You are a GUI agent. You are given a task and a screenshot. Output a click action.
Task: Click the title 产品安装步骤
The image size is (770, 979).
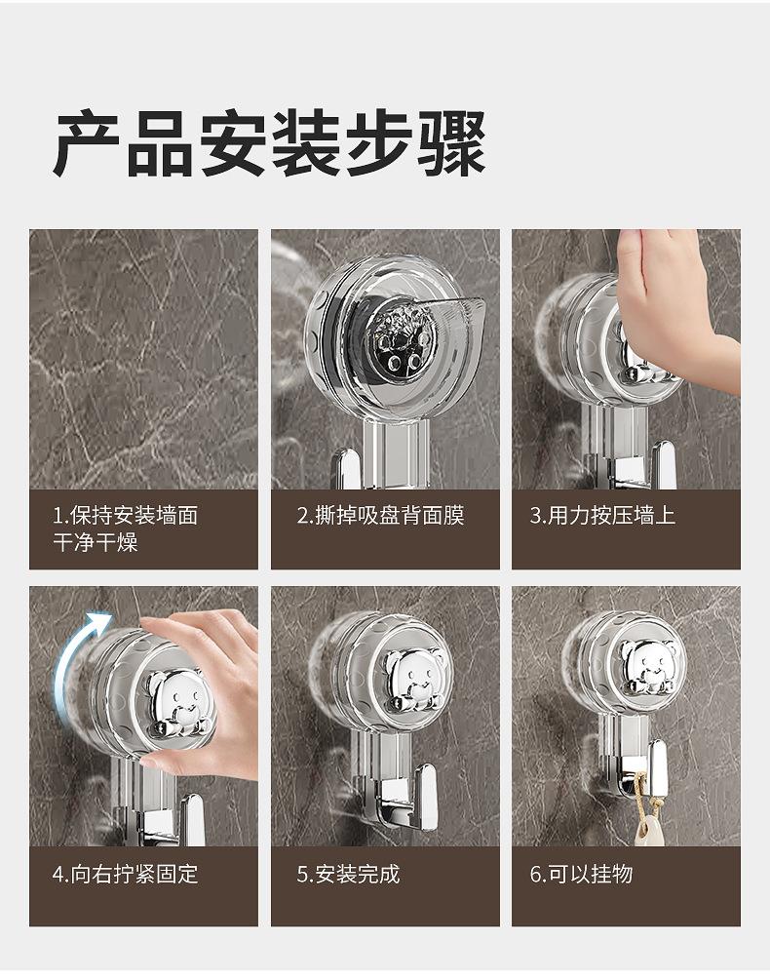coord(270,143)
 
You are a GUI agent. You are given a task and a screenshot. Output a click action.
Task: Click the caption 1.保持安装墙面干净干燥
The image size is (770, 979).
coord(126,529)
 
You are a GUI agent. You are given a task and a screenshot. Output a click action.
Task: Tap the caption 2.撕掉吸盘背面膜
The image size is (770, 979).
coord(381,516)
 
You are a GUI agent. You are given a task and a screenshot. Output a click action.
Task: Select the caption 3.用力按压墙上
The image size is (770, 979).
coord(602,516)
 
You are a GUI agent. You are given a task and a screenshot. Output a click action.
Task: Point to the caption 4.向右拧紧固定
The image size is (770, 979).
coord(126,874)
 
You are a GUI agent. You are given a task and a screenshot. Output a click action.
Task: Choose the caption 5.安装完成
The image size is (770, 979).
coord(348,874)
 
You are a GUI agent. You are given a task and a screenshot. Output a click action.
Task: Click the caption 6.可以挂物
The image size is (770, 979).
coord(582,874)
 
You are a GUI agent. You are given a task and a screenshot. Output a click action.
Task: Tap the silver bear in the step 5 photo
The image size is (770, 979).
coord(413,680)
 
